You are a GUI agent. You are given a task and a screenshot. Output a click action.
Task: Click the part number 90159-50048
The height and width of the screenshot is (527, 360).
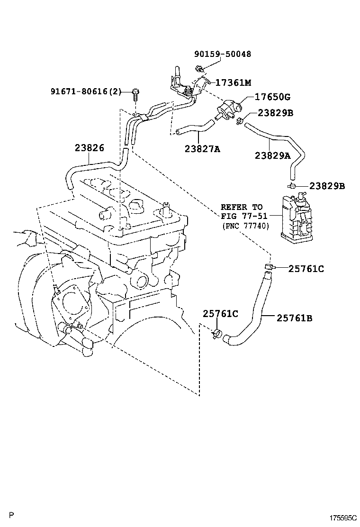point(223,54)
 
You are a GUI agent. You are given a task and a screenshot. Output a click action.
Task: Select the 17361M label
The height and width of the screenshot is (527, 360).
point(233,82)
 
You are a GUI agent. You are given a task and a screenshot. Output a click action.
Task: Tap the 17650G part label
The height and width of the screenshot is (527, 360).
point(272,97)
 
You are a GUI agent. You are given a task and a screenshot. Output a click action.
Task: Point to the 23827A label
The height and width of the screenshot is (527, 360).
point(203,149)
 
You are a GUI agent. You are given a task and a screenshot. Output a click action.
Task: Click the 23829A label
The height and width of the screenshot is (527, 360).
point(272,155)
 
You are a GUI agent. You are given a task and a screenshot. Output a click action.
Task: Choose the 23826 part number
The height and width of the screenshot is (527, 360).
point(89,147)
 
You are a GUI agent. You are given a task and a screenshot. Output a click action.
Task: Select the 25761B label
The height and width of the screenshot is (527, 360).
point(295,318)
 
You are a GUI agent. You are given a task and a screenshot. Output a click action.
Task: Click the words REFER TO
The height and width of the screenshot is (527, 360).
point(242,207)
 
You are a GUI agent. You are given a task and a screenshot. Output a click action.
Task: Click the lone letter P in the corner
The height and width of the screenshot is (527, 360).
point(11,515)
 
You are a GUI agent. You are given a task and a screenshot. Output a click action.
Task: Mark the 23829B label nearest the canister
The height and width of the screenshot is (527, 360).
point(327,186)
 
